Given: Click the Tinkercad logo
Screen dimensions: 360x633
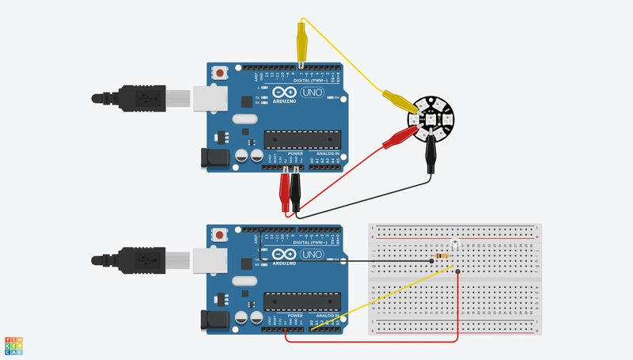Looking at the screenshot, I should coord(13,345).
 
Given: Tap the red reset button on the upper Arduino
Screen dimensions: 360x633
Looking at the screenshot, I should coord(218,74).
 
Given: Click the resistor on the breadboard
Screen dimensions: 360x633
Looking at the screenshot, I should coord(442,257).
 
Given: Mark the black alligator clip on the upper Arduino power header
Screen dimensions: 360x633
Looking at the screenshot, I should coord(295,191).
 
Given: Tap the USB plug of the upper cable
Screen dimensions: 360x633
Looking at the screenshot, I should coord(150,98).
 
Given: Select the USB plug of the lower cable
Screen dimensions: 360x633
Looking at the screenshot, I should coord(150,259).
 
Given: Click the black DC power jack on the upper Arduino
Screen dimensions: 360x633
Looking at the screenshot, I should coord(214,157).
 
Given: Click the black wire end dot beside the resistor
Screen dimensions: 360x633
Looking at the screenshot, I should coord(431,258).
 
